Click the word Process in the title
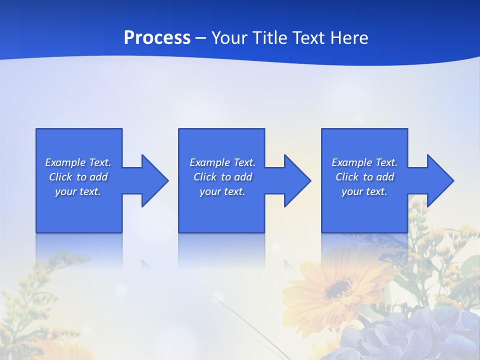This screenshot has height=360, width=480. click(x=157, y=38)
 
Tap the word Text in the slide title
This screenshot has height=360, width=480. click(x=309, y=38)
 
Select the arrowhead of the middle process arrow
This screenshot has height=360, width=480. click(x=296, y=180)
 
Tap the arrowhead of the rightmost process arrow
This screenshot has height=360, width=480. click(x=439, y=180)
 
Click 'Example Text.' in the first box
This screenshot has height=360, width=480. click(x=78, y=162)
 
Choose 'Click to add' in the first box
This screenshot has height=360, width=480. click(x=78, y=177)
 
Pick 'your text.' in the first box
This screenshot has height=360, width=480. click(x=78, y=191)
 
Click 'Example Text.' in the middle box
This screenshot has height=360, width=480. click(x=222, y=162)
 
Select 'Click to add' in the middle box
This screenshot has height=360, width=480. click(x=222, y=177)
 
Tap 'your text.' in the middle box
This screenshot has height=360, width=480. click(x=222, y=191)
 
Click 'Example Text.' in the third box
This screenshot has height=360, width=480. click(x=364, y=162)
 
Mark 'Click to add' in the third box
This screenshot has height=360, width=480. click(x=364, y=177)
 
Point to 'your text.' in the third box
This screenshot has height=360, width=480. click(x=364, y=191)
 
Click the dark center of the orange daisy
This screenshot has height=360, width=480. click(x=338, y=288)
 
